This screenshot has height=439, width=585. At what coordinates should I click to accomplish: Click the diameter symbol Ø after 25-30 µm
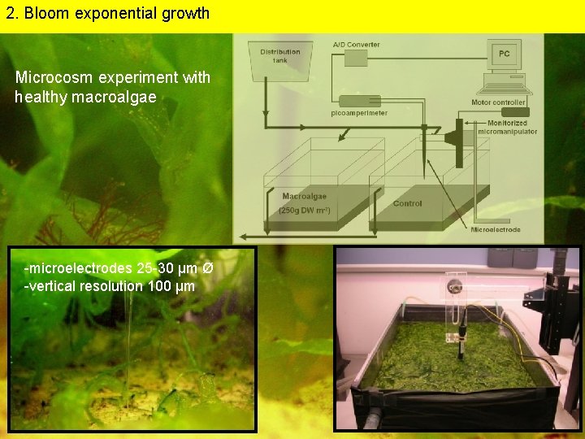pos(208,268)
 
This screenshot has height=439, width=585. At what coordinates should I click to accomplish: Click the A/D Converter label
pos(356,44)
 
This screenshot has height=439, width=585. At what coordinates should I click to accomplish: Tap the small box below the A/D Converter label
pos(356,58)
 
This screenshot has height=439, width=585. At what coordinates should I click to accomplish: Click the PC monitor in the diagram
pos(505,54)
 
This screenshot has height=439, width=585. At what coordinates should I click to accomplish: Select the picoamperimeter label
pos(359,113)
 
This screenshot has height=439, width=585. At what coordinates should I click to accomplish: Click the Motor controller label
pos(498,102)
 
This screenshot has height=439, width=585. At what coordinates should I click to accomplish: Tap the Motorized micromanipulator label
pos(507,128)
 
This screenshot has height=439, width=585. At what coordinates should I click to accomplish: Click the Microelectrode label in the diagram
pos(496,230)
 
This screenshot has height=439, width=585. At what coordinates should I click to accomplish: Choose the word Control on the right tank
pos(407,203)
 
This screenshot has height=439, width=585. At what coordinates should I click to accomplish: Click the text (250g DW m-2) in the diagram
pos(305,211)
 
